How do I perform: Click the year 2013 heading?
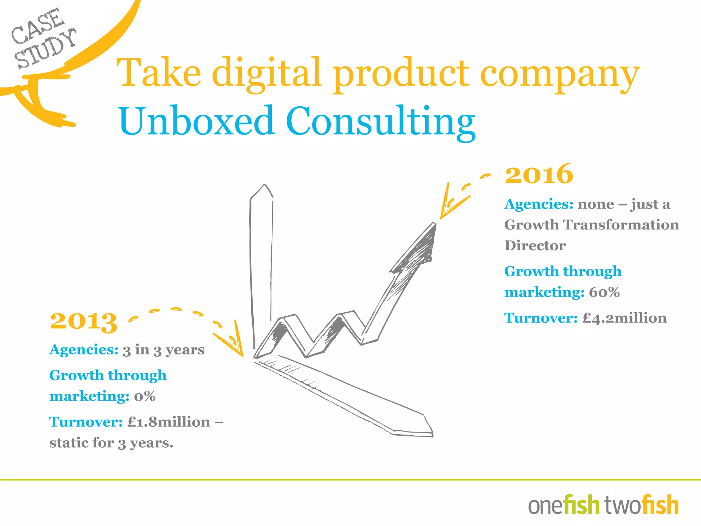point(84,322)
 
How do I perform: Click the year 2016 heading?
point(539,174)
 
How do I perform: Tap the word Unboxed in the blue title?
point(196,121)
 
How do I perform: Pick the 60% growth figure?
point(604,292)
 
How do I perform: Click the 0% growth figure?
point(145,397)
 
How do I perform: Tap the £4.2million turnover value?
point(625,318)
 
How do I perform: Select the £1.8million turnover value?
point(169,422)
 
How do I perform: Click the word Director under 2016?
point(535,246)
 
